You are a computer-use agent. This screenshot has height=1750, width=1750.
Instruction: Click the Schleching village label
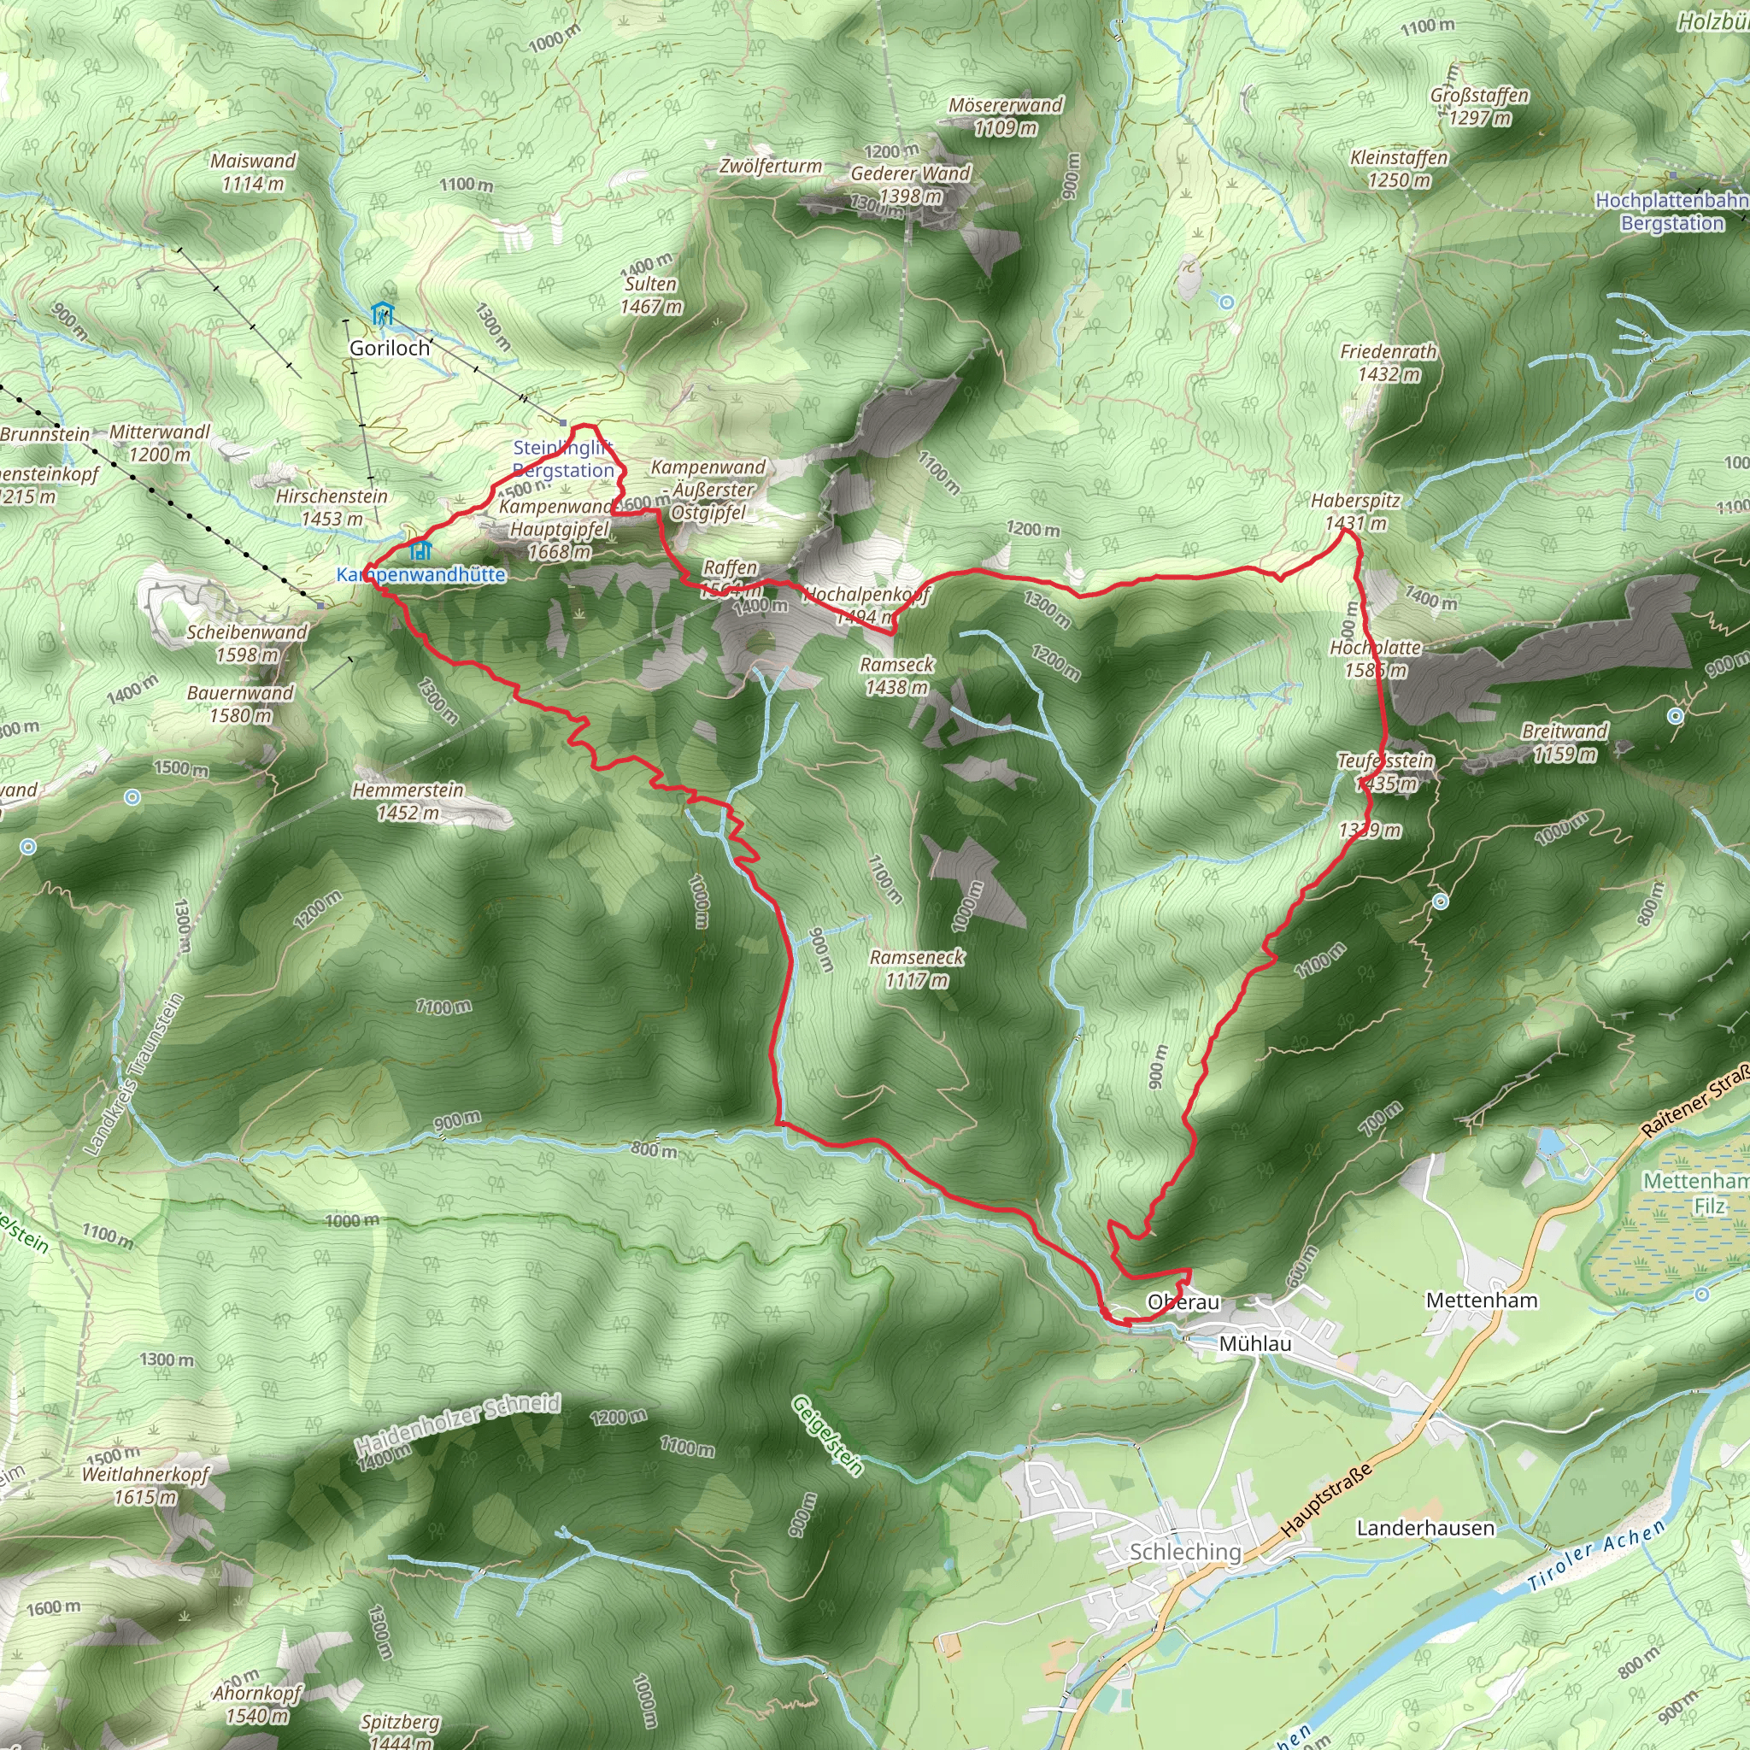[x=1185, y=1552]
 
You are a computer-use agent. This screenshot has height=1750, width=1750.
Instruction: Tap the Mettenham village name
[x=1481, y=1301]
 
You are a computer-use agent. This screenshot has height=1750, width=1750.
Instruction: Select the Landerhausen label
[x=1424, y=1528]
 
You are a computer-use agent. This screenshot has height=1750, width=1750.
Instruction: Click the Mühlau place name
[x=1254, y=1343]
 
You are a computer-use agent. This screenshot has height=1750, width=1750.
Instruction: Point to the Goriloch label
[x=390, y=348]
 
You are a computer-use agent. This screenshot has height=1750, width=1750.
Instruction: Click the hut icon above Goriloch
[x=383, y=314]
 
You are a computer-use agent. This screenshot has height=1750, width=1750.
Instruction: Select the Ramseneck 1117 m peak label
[x=917, y=968]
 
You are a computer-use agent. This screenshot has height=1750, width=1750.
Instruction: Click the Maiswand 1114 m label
[x=253, y=172]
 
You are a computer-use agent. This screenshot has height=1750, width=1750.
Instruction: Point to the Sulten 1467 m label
[x=650, y=296]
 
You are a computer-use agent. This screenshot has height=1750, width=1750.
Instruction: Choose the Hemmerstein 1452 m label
[x=408, y=802]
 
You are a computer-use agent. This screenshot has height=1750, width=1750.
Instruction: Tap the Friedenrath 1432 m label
[x=1388, y=362]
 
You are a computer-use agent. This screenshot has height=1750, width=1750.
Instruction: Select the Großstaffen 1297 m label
[x=1479, y=106]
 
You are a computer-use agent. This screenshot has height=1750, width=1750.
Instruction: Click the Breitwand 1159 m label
[x=1565, y=742]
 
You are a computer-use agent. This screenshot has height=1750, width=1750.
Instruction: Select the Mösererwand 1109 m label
[x=1006, y=116]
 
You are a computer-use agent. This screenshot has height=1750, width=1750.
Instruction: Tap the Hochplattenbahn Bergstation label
[x=1671, y=211]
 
